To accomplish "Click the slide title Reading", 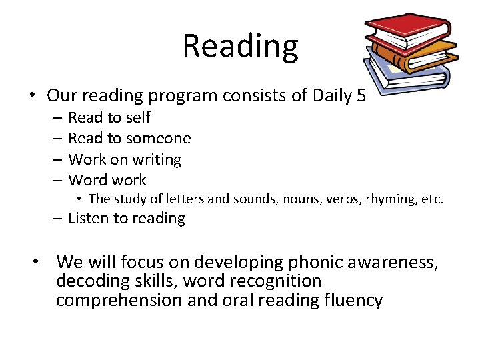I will (x=240, y=47).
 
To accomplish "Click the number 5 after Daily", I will (x=361, y=95).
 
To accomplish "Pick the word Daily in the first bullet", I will (x=327, y=95).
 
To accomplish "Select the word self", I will (x=137, y=118).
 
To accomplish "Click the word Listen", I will (x=89, y=219).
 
